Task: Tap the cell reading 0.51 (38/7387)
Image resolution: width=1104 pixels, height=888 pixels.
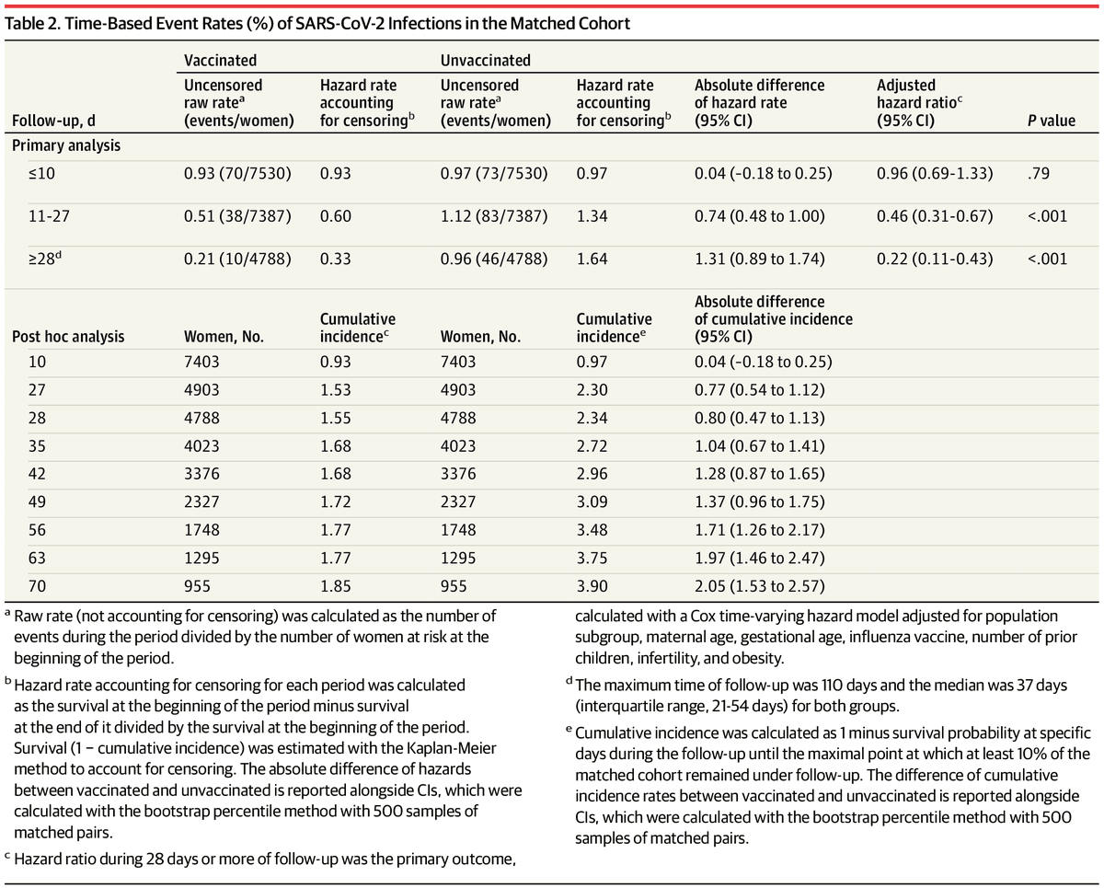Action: coord(237,215)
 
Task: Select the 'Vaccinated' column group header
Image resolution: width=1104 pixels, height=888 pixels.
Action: coord(219,61)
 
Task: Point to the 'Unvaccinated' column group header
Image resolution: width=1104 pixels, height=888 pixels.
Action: coord(485,61)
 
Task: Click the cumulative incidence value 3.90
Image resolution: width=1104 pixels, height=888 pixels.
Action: coord(591,585)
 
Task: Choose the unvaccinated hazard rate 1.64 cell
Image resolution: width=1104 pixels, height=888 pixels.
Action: coord(591,259)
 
